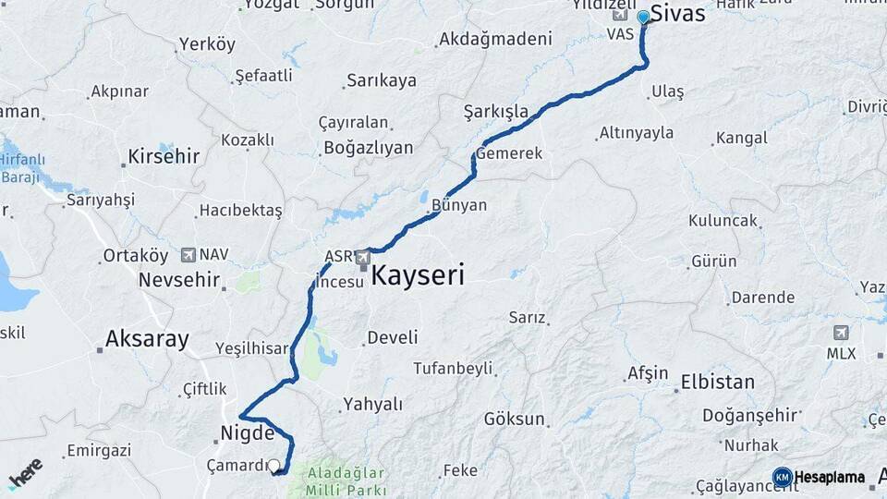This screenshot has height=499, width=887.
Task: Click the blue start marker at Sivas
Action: point(644,17)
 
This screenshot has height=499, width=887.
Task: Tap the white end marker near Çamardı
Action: point(273,466)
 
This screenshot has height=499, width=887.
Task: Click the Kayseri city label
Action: point(418,275)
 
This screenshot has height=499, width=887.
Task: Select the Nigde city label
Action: point(247,432)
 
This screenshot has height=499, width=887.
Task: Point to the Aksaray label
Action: point(147,338)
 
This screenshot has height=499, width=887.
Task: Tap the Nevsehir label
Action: point(179,279)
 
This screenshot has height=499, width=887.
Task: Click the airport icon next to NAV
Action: point(188,254)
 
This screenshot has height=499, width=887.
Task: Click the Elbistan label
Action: point(717,382)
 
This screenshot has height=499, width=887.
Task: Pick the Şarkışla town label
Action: point(496,112)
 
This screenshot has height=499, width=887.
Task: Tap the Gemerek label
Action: point(509,153)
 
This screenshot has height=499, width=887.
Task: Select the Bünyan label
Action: point(458,205)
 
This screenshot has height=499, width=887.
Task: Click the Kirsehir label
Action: point(164,156)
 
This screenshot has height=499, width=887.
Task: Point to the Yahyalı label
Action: point(372,404)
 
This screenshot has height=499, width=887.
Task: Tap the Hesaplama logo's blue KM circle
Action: point(783,477)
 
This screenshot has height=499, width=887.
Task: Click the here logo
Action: point(26,473)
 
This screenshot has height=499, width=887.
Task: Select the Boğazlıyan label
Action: point(369,148)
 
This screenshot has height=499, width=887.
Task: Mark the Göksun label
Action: point(515,419)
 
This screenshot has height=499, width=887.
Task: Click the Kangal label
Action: point(742,139)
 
